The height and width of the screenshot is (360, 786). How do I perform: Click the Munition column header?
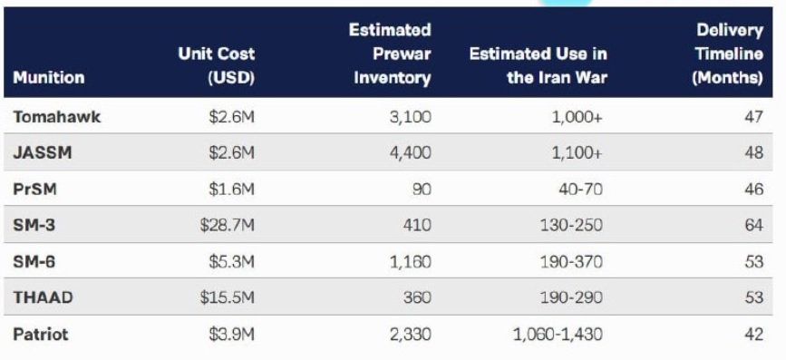pos(49,78)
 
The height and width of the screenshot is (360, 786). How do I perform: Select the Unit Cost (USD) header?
pos(216,65)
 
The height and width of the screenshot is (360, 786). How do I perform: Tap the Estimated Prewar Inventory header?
pos(390,54)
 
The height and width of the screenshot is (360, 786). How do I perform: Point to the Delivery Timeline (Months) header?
pos(728,54)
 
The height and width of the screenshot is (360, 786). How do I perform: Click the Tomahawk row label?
pos(56,117)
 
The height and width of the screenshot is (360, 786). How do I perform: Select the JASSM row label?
pos(42,152)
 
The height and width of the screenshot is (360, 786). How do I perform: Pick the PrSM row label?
pos(34,189)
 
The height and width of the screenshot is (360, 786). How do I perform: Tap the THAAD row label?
pos(43,297)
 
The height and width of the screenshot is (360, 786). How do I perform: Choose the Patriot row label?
pos(40,334)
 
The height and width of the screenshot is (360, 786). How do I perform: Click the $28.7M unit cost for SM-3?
pos(227,225)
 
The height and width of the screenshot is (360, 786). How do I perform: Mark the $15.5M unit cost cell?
pos(227,297)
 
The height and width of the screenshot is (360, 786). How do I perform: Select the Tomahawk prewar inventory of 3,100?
pos(411,117)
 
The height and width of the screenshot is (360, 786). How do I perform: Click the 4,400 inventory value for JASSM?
pos(411,152)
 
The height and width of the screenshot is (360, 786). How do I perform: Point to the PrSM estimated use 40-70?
pos(580,189)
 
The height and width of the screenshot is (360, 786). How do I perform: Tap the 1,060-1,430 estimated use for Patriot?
pos(558,334)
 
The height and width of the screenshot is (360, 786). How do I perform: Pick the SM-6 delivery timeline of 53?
pos(754,261)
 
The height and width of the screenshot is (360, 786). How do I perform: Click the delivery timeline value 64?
pos(754,225)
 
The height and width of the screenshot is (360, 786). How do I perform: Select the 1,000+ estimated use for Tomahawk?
pos(577,117)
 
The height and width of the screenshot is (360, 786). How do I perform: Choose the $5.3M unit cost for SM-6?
pos(231,261)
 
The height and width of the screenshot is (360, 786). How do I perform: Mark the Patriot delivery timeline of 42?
pos(754,334)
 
